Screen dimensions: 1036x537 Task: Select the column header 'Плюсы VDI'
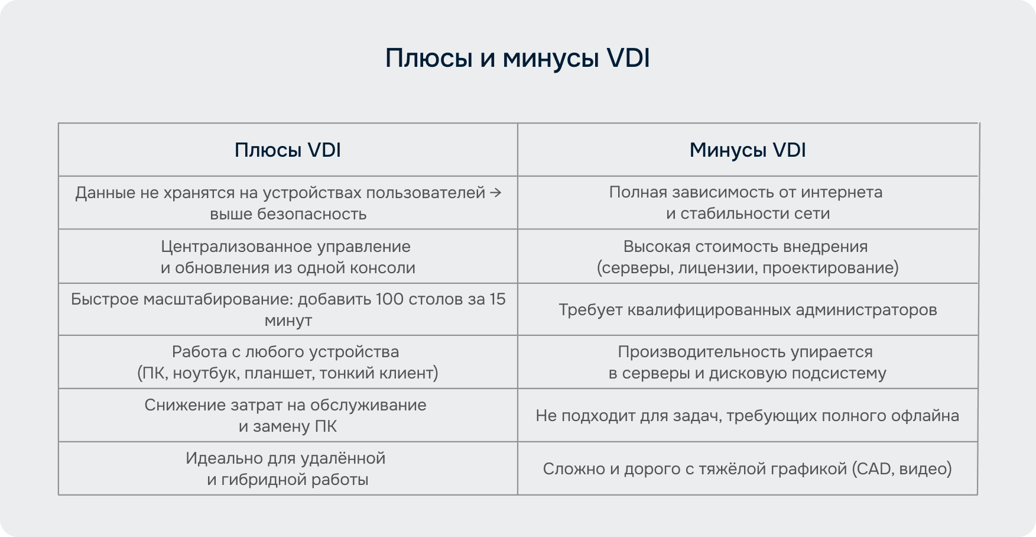coord(288,150)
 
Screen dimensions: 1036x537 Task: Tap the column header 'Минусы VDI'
coord(748,150)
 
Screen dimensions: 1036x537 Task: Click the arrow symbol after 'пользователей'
coord(496,193)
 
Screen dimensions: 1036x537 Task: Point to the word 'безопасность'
coord(311,214)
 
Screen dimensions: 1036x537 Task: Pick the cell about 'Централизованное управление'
coord(288,257)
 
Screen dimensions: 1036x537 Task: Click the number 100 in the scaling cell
coord(389,299)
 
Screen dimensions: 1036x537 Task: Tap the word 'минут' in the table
coord(288,321)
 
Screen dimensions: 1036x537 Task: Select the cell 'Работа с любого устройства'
coord(288,362)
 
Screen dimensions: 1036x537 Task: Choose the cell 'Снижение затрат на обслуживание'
coord(288,415)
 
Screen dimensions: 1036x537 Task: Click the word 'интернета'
coord(842,193)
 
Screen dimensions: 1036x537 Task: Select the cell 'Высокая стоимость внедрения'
coord(748,257)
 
